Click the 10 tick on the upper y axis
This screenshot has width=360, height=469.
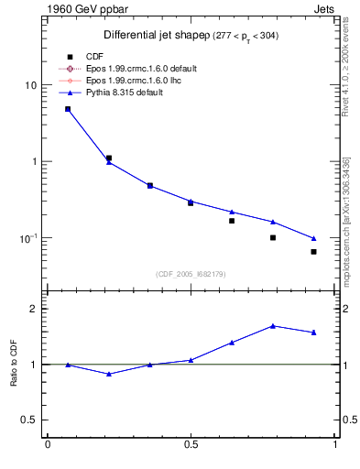point(30,85)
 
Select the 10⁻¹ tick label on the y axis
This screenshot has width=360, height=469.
point(28,238)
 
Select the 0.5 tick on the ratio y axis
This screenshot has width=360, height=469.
point(29,420)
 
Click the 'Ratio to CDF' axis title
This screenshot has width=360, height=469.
point(14,364)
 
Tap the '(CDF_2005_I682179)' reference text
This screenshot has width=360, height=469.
point(191,273)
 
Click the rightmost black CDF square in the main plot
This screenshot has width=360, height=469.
point(313,252)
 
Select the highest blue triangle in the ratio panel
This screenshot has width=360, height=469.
point(273,325)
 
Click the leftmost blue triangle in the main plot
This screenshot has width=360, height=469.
point(68,109)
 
